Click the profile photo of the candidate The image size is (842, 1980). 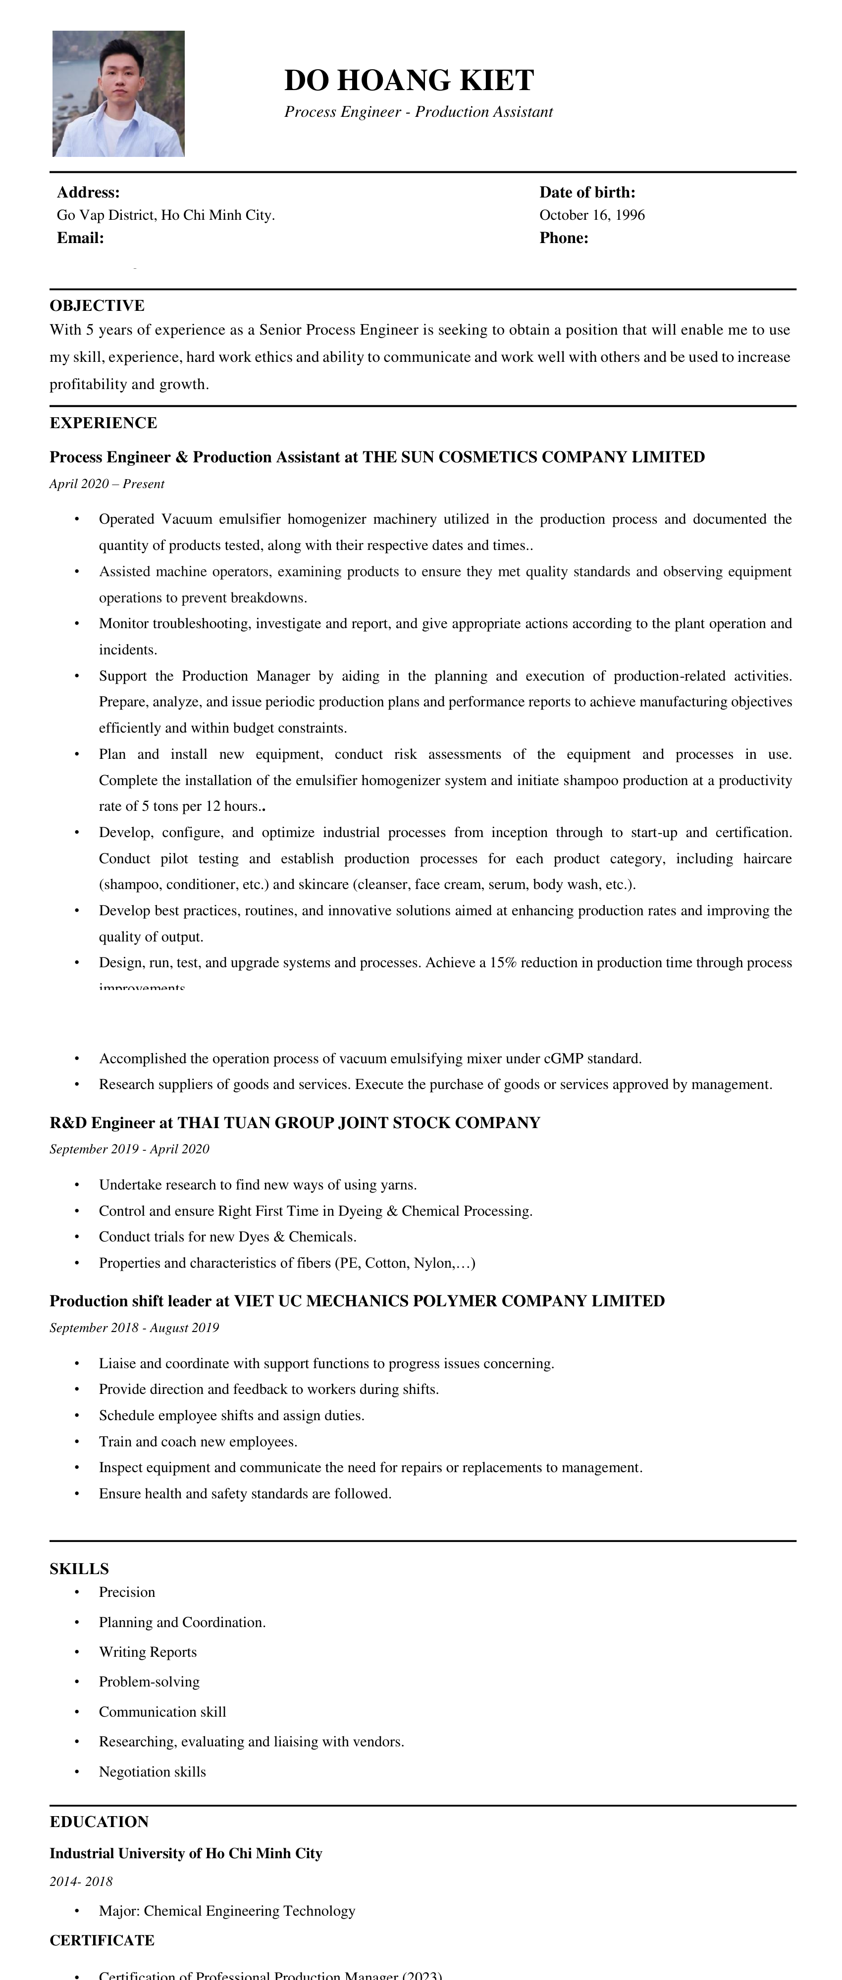point(118,94)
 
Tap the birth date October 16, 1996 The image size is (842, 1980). point(591,215)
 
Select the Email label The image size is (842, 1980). point(80,238)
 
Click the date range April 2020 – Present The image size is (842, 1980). point(107,484)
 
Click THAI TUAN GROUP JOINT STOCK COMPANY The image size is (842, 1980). point(358,1123)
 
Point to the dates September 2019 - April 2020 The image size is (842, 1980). point(129,1149)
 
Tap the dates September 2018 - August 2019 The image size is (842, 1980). point(134,1328)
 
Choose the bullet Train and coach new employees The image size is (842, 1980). point(198,1441)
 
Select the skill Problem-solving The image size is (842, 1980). point(149,1682)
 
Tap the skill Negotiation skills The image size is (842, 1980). point(152,1772)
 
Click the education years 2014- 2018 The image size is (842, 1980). point(81,1881)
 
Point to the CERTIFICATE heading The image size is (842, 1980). point(102,1940)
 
